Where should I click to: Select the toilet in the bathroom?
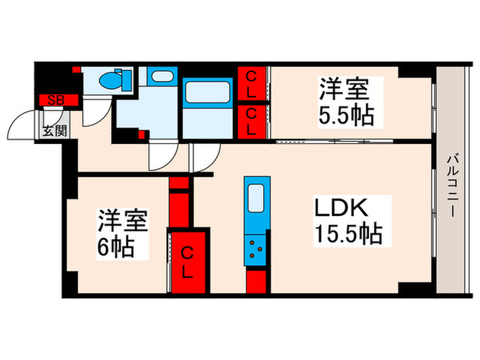point(110,81)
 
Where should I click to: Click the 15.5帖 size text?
point(348,235)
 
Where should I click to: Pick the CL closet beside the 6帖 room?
point(187,263)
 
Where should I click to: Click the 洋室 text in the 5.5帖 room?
point(343,88)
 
